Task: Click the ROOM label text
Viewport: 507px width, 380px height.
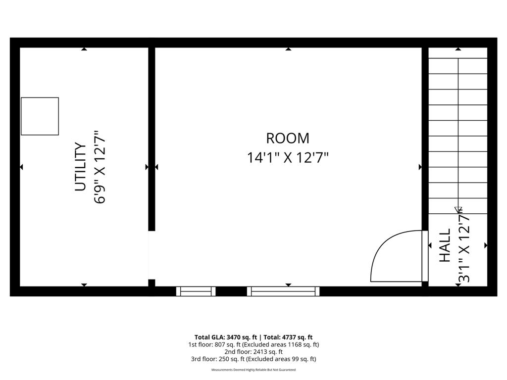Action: click(x=288, y=139)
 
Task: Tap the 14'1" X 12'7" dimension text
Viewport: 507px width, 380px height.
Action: click(x=288, y=158)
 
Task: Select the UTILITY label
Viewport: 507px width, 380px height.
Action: click(x=81, y=167)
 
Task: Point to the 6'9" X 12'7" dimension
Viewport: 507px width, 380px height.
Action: click(x=100, y=167)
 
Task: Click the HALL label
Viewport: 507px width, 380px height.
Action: click(x=445, y=245)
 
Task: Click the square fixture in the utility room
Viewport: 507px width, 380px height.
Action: click(x=40, y=116)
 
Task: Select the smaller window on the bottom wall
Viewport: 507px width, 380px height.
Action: click(x=196, y=291)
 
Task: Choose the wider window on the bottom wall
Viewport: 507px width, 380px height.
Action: click(x=283, y=291)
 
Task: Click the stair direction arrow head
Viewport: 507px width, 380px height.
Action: click(x=458, y=209)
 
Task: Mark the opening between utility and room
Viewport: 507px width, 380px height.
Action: click(x=152, y=255)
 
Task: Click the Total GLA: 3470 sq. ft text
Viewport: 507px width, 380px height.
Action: click(x=226, y=337)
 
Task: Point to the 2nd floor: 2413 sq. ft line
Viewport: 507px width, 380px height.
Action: click(x=253, y=352)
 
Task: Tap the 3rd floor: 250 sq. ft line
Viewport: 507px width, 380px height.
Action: click(x=253, y=359)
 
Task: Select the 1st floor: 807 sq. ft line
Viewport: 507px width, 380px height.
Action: click(x=253, y=344)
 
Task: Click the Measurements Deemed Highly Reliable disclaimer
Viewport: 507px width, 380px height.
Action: click(x=253, y=370)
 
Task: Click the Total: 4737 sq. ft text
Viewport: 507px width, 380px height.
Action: click(x=288, y=337)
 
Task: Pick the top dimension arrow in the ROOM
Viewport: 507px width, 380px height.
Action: click(x=289, y=49)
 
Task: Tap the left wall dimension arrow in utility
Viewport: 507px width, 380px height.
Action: click(x=21, y=167)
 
